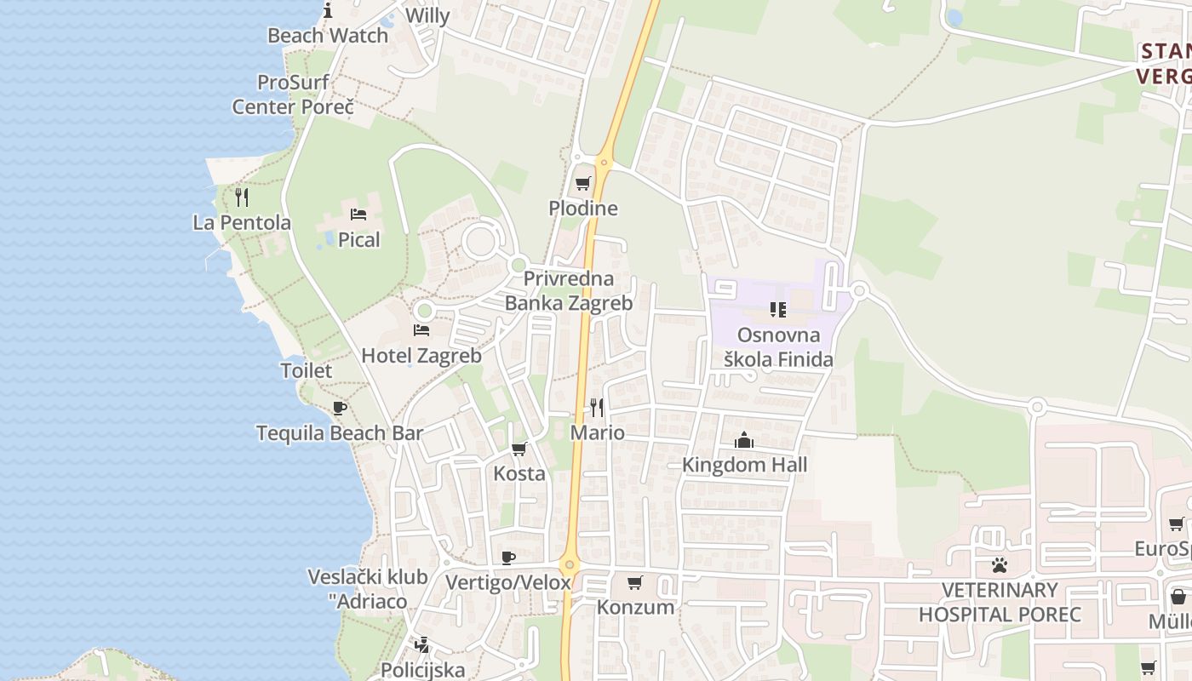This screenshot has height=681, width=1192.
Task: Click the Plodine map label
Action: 583,209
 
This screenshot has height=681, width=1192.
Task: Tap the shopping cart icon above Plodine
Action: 583,183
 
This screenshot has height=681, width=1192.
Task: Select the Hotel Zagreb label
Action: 421,356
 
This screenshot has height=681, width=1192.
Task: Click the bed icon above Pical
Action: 358,214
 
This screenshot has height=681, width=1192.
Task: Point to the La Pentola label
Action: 242,223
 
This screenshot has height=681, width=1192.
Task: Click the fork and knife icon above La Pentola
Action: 242,197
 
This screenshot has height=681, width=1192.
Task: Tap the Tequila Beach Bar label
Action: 340,432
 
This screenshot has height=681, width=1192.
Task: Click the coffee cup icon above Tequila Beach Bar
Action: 340,408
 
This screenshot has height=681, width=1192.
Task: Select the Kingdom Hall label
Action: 745,465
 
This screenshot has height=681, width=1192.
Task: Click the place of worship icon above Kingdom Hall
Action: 744,440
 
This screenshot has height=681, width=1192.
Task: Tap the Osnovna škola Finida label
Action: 778,347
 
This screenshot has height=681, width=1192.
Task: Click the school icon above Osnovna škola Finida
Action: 777,309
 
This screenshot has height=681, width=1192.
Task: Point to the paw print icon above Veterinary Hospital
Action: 999,564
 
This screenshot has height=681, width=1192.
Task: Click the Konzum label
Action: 635,607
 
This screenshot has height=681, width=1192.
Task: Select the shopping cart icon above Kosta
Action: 519,449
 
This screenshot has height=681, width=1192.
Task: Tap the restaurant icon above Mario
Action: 597,408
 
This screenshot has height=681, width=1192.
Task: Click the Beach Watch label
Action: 328,36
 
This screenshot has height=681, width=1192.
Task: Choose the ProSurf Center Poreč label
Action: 293,94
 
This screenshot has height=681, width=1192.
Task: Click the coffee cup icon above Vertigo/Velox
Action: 508,558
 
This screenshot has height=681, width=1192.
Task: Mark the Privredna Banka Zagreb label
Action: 569,291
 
